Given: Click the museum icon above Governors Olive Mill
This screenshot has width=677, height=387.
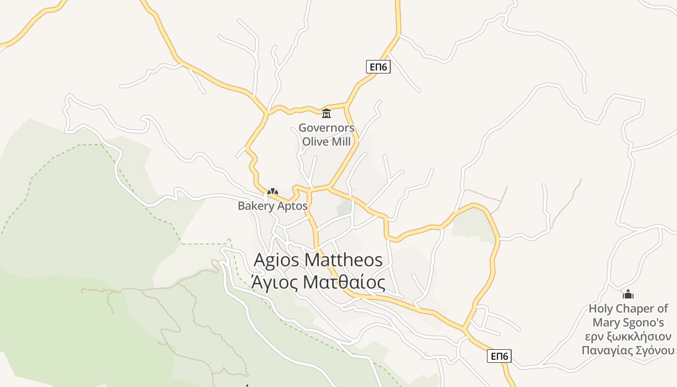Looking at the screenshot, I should click(326, 114).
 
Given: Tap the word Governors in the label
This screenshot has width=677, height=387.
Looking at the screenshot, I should click(326, 128).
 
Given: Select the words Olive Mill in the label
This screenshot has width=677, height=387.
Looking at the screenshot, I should click(326, 142).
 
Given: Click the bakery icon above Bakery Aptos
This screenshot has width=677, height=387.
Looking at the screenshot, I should click(273, 192).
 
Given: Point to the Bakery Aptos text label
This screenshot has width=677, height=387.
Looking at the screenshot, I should click(272, 206).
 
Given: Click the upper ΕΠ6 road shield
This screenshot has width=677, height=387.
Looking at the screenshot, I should click(378, 67).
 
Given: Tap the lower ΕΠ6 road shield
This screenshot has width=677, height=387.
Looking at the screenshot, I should click(499, 357).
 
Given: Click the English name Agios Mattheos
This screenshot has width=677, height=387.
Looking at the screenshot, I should click(318, 260).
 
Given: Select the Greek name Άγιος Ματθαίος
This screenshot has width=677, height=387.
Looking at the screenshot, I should click(318, 283).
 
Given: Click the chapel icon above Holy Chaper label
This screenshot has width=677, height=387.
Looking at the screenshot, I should click(628, 294).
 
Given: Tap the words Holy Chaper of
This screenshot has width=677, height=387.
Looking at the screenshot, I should click(628, 309).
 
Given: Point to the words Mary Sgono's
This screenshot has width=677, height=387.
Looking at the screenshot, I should click(628, 323).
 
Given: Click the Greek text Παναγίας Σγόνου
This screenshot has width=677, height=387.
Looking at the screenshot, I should click(628, 350).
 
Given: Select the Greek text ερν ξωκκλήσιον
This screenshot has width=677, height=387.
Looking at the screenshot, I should click(628, 337).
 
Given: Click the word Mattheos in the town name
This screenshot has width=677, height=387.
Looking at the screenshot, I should click(344, 260).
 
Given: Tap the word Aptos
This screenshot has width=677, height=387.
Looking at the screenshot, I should click(292, 206).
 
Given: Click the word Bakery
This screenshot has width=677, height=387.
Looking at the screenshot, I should click(255, 207).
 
